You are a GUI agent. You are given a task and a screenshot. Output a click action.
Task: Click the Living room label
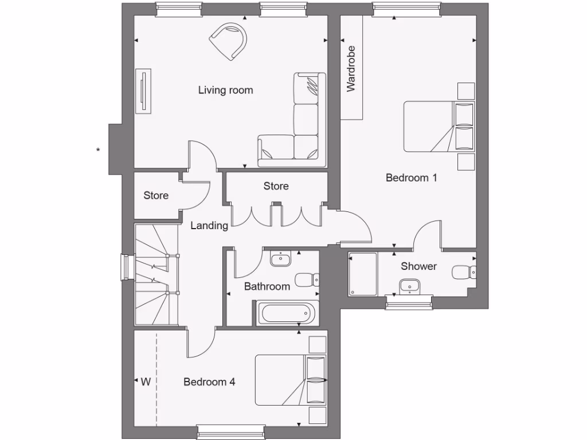coord(225,90)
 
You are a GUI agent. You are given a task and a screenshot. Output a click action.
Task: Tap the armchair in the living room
coord(229,40)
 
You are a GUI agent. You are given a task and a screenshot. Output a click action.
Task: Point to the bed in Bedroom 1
coord(439,127)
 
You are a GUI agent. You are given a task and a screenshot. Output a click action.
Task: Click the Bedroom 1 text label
coord(411,178)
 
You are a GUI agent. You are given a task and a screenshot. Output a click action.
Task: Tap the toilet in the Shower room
coord(463,272)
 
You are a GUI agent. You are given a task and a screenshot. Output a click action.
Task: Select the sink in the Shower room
coord(409,284)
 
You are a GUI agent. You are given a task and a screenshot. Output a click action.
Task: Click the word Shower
coord(418,266)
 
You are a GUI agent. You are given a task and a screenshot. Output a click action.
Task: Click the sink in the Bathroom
coord(281,258)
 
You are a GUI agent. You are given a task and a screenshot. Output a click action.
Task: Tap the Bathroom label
coord(267,286)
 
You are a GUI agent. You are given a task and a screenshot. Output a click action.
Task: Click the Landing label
coord(209,226)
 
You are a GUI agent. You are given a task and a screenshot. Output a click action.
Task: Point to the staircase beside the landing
coord(156,275)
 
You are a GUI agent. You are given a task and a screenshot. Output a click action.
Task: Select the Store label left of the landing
coord(156,195)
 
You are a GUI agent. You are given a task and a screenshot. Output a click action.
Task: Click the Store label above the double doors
coord(276,186)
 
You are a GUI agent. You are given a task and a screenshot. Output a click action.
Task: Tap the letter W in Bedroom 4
coord(146,382)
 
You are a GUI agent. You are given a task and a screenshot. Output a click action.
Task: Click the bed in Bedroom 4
coord(289,380)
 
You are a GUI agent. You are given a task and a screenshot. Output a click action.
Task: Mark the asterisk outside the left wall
coord(99,150)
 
